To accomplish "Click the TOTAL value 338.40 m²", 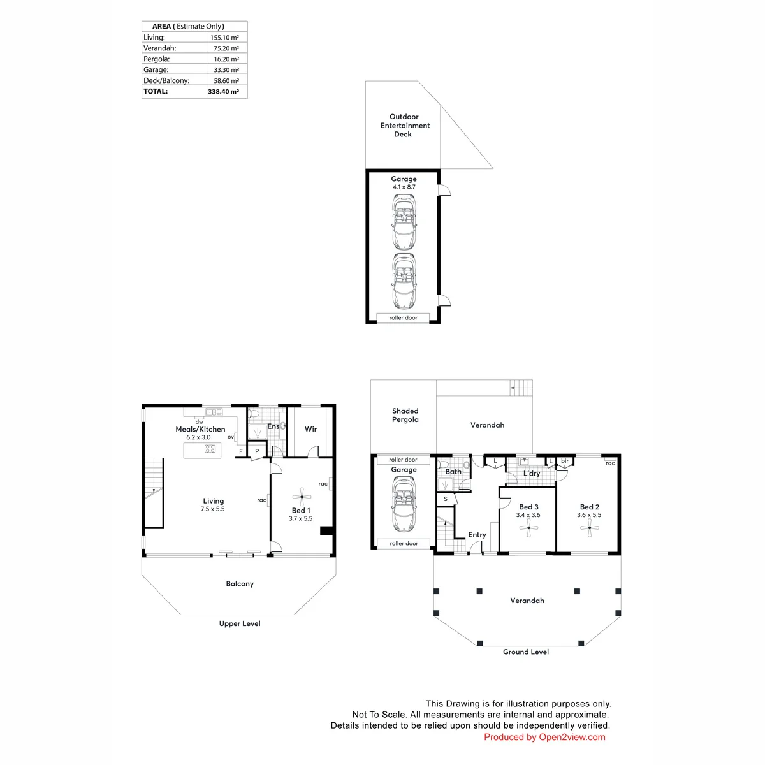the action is click(x=223, y=91).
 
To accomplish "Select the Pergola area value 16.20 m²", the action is click(x=226, y=59).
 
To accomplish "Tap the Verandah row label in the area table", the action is click(x=159, y=48).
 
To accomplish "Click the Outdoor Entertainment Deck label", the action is click(x=405, y=125).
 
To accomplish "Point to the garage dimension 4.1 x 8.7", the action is click(x=404, y=187).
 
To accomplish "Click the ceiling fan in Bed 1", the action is click(x=302, y=497).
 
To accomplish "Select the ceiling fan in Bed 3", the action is click(x=528, y=528).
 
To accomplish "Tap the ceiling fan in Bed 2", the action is click(x=590, y=528).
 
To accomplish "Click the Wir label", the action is click(x=310, y=429).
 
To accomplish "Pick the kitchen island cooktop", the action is click(x=210, y=449).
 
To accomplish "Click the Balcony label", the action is click(x=240, y=583).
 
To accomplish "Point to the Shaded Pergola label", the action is click(x=405, y=415).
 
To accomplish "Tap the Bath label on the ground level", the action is click(x=453, y=472).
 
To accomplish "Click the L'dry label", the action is click(x=532, y=473).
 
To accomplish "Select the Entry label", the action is click(x=477, y=535).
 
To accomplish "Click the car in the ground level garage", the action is click(x=404, y=504).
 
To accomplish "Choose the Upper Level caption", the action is click(x=240, y=623).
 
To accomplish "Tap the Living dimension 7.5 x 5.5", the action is click(x=212, y=509).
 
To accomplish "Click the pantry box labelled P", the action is click(x=257, y=451).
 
